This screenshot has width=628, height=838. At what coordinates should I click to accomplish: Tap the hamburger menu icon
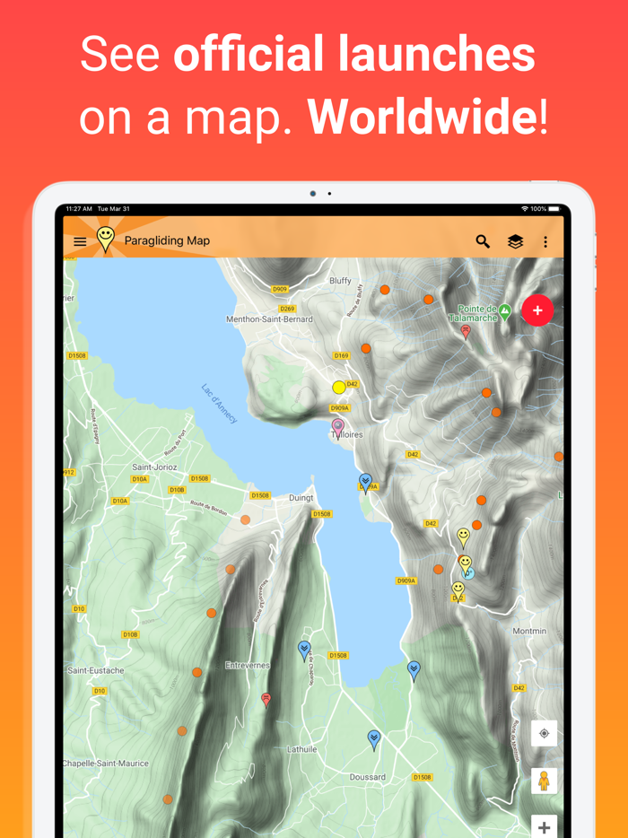point(80,241)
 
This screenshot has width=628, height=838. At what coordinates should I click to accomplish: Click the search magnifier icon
point(483,241)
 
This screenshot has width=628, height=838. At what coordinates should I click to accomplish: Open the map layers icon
point(515,241)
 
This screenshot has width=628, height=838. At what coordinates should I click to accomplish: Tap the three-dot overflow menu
point(545,241)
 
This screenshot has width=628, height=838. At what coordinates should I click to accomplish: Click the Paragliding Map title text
point(167,240)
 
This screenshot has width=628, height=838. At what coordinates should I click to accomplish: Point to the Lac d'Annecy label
point(220,404)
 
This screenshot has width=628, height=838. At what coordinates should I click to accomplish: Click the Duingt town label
point(301,498)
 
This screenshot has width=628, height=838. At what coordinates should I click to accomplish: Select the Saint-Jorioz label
point(154,467)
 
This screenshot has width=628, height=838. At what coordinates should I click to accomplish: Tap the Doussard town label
point(368,777)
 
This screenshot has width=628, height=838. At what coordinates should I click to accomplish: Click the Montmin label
point(529,632)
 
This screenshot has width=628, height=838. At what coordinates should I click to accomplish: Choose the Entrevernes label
point(248,666)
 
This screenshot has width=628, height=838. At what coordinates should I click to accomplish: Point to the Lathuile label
point(301,749)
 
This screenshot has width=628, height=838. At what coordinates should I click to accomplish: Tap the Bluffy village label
point(340,281)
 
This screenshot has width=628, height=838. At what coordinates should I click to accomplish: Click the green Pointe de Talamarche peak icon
point(505,311)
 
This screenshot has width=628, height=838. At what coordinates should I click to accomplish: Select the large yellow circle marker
point(339,388)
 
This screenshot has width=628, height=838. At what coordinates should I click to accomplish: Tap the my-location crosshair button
point(544,734)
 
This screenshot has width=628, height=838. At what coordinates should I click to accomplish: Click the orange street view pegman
point(544,781)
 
